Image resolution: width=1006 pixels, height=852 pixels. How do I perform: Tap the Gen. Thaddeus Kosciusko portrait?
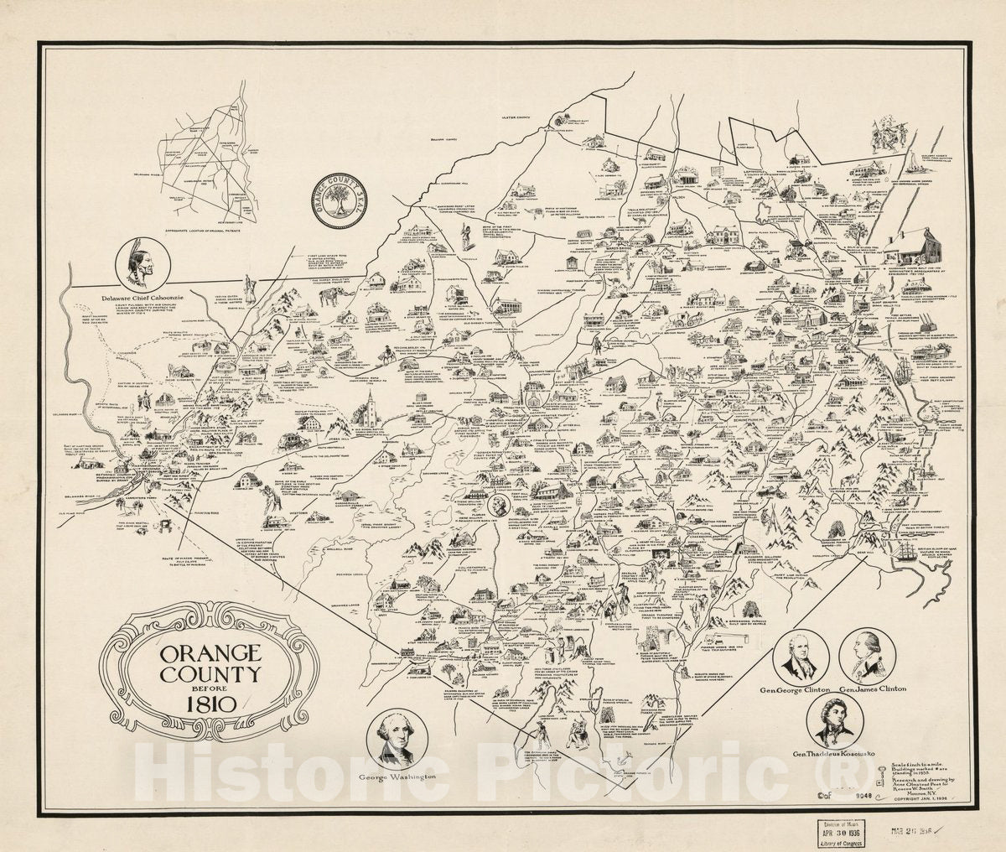click(x=835, y=720)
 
